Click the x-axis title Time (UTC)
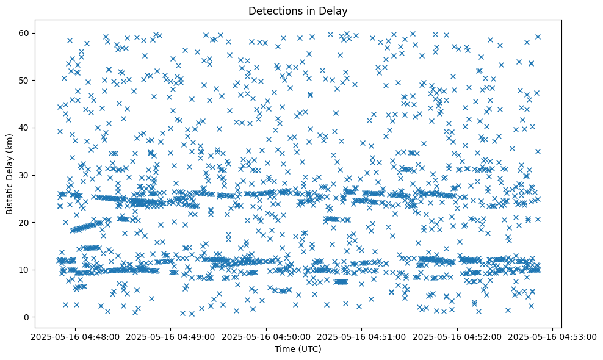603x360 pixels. coord(299,349)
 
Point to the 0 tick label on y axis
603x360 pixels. coord(27,317)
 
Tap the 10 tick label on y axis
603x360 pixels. coord(24,270)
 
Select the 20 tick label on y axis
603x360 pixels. coord(24,222)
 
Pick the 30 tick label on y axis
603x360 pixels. coord(24,175)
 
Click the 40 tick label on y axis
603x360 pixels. coord(24,128)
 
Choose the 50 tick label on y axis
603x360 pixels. coord(24,80)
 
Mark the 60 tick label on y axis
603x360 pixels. coord(24,33)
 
